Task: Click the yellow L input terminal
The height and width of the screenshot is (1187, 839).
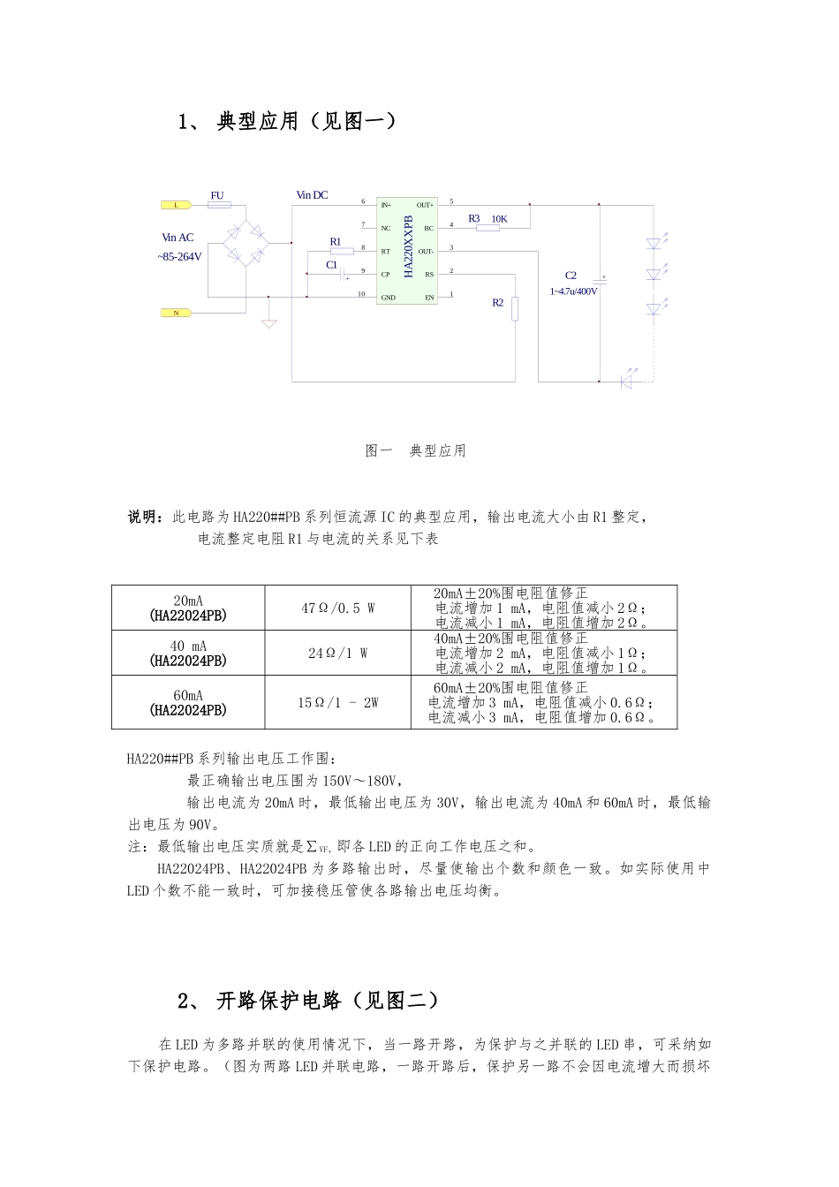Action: [176, 205]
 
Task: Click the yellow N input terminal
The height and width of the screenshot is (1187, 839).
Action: [176, 313]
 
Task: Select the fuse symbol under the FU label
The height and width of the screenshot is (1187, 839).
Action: [218, 205]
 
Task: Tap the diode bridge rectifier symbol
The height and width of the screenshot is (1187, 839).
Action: [246, 243]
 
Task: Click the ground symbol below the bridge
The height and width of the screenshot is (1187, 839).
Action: [269, 322]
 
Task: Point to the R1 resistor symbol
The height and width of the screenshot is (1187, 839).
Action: [341, 251]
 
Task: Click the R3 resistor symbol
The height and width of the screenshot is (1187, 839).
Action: [488, 228]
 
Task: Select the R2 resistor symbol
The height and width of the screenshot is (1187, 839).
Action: [515, 309]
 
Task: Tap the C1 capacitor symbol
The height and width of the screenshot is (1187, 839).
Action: [341, 275]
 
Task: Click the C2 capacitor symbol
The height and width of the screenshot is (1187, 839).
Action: [600, 279]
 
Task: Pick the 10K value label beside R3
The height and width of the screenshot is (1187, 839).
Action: [499, 218]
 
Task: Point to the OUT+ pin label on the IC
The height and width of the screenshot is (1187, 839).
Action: [425, 205]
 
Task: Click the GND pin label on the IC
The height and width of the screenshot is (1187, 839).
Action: [388, 298]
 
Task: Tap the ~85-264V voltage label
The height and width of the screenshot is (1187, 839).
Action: [179, 257]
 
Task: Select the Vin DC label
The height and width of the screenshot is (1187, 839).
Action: [312, 195]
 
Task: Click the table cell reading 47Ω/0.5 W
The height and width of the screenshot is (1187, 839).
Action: [337, 608]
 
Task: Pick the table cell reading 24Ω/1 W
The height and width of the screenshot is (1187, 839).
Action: [337, 654]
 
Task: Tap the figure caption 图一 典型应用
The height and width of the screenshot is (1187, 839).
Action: [416, 450]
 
